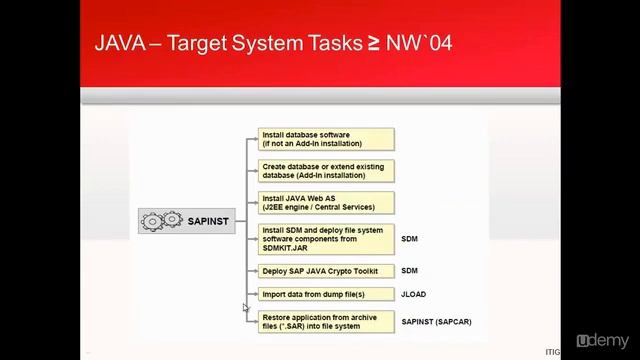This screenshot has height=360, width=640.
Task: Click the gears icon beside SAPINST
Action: tap(161, 221)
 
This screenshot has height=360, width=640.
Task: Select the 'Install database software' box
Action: tap(327, 138)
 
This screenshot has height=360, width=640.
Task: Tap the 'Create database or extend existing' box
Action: tap(327, 170)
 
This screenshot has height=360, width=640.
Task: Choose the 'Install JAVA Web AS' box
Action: tap(327, 202)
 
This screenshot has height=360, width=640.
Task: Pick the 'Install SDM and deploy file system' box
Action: tap(327, 239)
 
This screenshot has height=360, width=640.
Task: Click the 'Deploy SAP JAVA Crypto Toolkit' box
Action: tap(327, 271)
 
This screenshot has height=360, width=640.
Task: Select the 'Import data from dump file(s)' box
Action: tap(327, 294)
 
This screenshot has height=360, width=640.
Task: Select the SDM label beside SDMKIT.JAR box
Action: tap(409, 240)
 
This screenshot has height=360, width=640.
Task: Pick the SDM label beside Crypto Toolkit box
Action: tap(409, 271)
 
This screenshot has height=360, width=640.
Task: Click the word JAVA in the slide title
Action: tap(122, 44)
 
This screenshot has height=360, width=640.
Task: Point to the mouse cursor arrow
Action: tap(245, 308)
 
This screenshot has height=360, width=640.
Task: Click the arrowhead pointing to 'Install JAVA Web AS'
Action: tap(254, 202)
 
